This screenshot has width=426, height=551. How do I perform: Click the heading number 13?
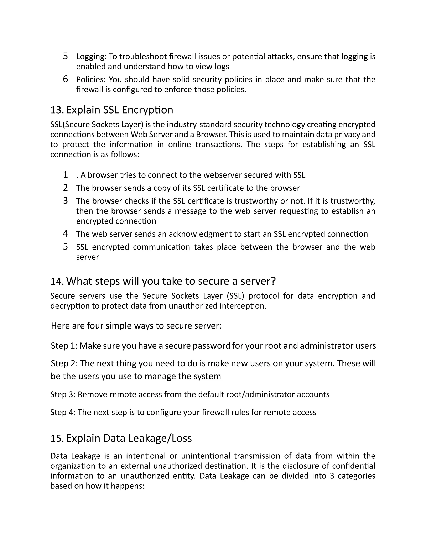[x=57, y=110]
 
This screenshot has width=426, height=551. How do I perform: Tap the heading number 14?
[x=57, y=281]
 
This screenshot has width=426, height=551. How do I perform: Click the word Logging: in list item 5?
[x=91, y=57]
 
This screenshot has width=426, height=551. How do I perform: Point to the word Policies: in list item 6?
[x=91, y=79]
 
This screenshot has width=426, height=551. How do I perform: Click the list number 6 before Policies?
[x=65, y=79]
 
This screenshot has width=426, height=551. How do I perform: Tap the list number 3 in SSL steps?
[x=65, y=201]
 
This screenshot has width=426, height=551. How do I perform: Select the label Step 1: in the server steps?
[x=64, y=346]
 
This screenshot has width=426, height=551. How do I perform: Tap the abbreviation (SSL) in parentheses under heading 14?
[x=235, y=296]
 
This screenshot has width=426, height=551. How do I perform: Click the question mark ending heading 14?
[x=273, y=281]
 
